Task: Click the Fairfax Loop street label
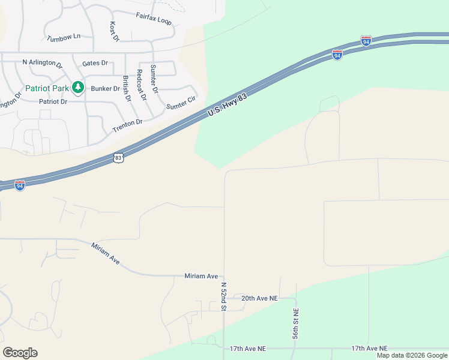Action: [x=154, y=18]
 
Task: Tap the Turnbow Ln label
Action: [x=64, y=37]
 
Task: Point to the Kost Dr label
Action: [x=113, y=32]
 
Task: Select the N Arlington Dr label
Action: [x=43, y=62]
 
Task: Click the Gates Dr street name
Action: [x=95, y=62]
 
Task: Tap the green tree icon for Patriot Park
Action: [x=77, y=88]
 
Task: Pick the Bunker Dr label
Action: [x=105, y=88]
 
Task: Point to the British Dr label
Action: [x=127, y=88]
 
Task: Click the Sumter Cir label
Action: [x=181, y=103]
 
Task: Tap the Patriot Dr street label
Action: [x=53, y=101]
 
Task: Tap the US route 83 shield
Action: [x=118, y=158]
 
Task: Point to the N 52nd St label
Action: [x=223, y=296]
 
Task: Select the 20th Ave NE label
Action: [x=260, y=298]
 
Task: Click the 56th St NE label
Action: [x=295, y=324]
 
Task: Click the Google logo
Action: [x=20, y=353]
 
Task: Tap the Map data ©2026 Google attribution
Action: [x=412, y=355]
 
